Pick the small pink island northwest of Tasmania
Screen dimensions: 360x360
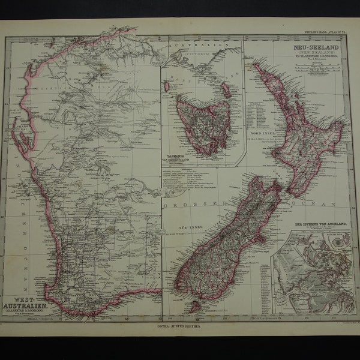166,86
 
